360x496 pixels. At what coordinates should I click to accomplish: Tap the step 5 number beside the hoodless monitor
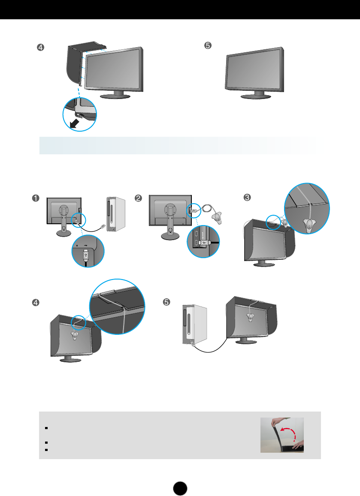(x=208, y=46)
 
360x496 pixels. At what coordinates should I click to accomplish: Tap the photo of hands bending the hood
(x=282, y=435)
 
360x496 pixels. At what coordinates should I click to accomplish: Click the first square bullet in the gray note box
(x=45, y=428)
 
